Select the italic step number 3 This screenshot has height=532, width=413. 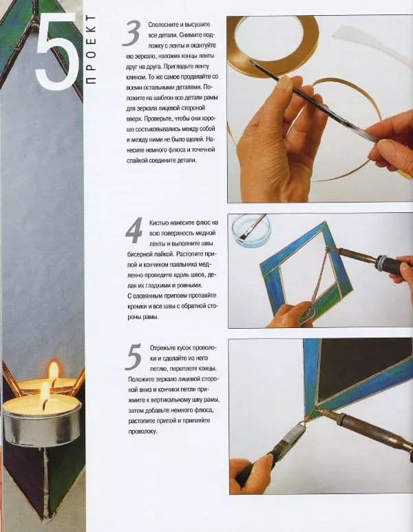click(131, 33)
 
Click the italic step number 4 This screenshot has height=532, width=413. click(134, 231)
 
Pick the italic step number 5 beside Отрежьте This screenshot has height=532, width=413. click(134, 356)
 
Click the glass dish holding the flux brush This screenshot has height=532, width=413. click(251, 230)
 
